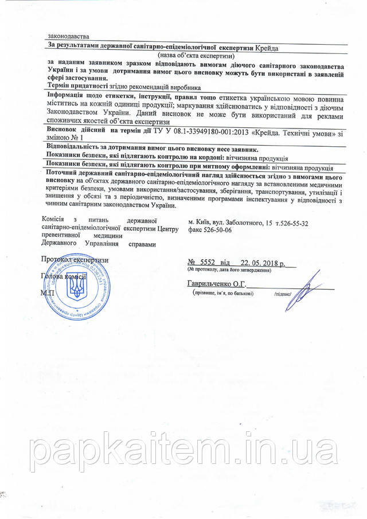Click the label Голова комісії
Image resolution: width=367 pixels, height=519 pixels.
[x=60, y=276]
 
